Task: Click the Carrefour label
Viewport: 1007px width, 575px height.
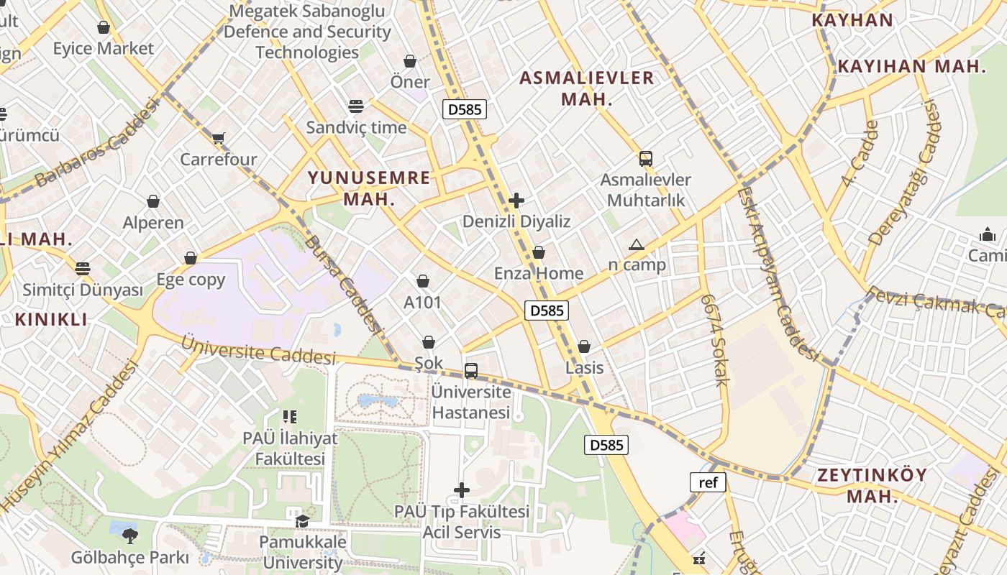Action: tap(218, 159)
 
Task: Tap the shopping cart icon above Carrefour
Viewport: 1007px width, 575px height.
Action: tap(218, 137)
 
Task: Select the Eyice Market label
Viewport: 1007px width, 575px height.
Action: tap(103, 48)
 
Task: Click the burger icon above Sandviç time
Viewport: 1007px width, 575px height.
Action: tap(356, 106)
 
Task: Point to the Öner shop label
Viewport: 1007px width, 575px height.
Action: tap(410, 82)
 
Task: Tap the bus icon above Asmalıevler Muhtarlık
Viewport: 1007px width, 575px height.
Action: tap(646, 159)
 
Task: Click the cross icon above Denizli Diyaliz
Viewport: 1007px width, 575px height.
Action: tap(516, 201)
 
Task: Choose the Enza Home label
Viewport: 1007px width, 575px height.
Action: tap(538, 273)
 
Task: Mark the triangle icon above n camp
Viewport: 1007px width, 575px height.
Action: tap(637, 244)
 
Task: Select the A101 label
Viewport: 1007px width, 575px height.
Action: tap(422, 303)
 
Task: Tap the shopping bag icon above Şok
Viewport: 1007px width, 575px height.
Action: tap(429, 342)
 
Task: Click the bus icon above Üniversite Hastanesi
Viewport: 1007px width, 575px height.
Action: tap(471, 371)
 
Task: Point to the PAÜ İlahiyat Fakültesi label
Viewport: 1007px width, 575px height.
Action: tap(290, 448)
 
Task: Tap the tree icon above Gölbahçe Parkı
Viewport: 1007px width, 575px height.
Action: tap(129, 535)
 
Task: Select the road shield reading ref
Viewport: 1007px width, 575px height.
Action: tap(708, 482)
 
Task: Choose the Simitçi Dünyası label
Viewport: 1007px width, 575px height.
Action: tap(83, 290)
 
